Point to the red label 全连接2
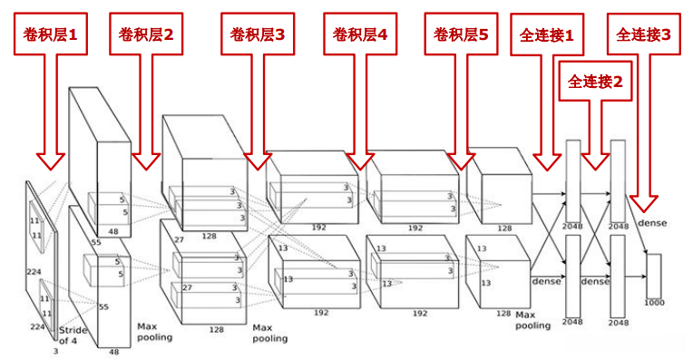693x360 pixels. (x=595, y=82)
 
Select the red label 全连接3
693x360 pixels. (x=644, y=34)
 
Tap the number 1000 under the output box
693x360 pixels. (x=653, y=301)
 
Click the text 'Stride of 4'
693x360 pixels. (x=73, y=335)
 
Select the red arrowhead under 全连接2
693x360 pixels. (x=595, y=160)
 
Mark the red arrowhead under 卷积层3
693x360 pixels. (x=259, y=160)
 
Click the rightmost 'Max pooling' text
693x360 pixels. (x=532, y=319)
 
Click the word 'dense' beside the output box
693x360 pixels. (x=652, y=223)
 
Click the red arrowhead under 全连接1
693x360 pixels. (x=547, y=160)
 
